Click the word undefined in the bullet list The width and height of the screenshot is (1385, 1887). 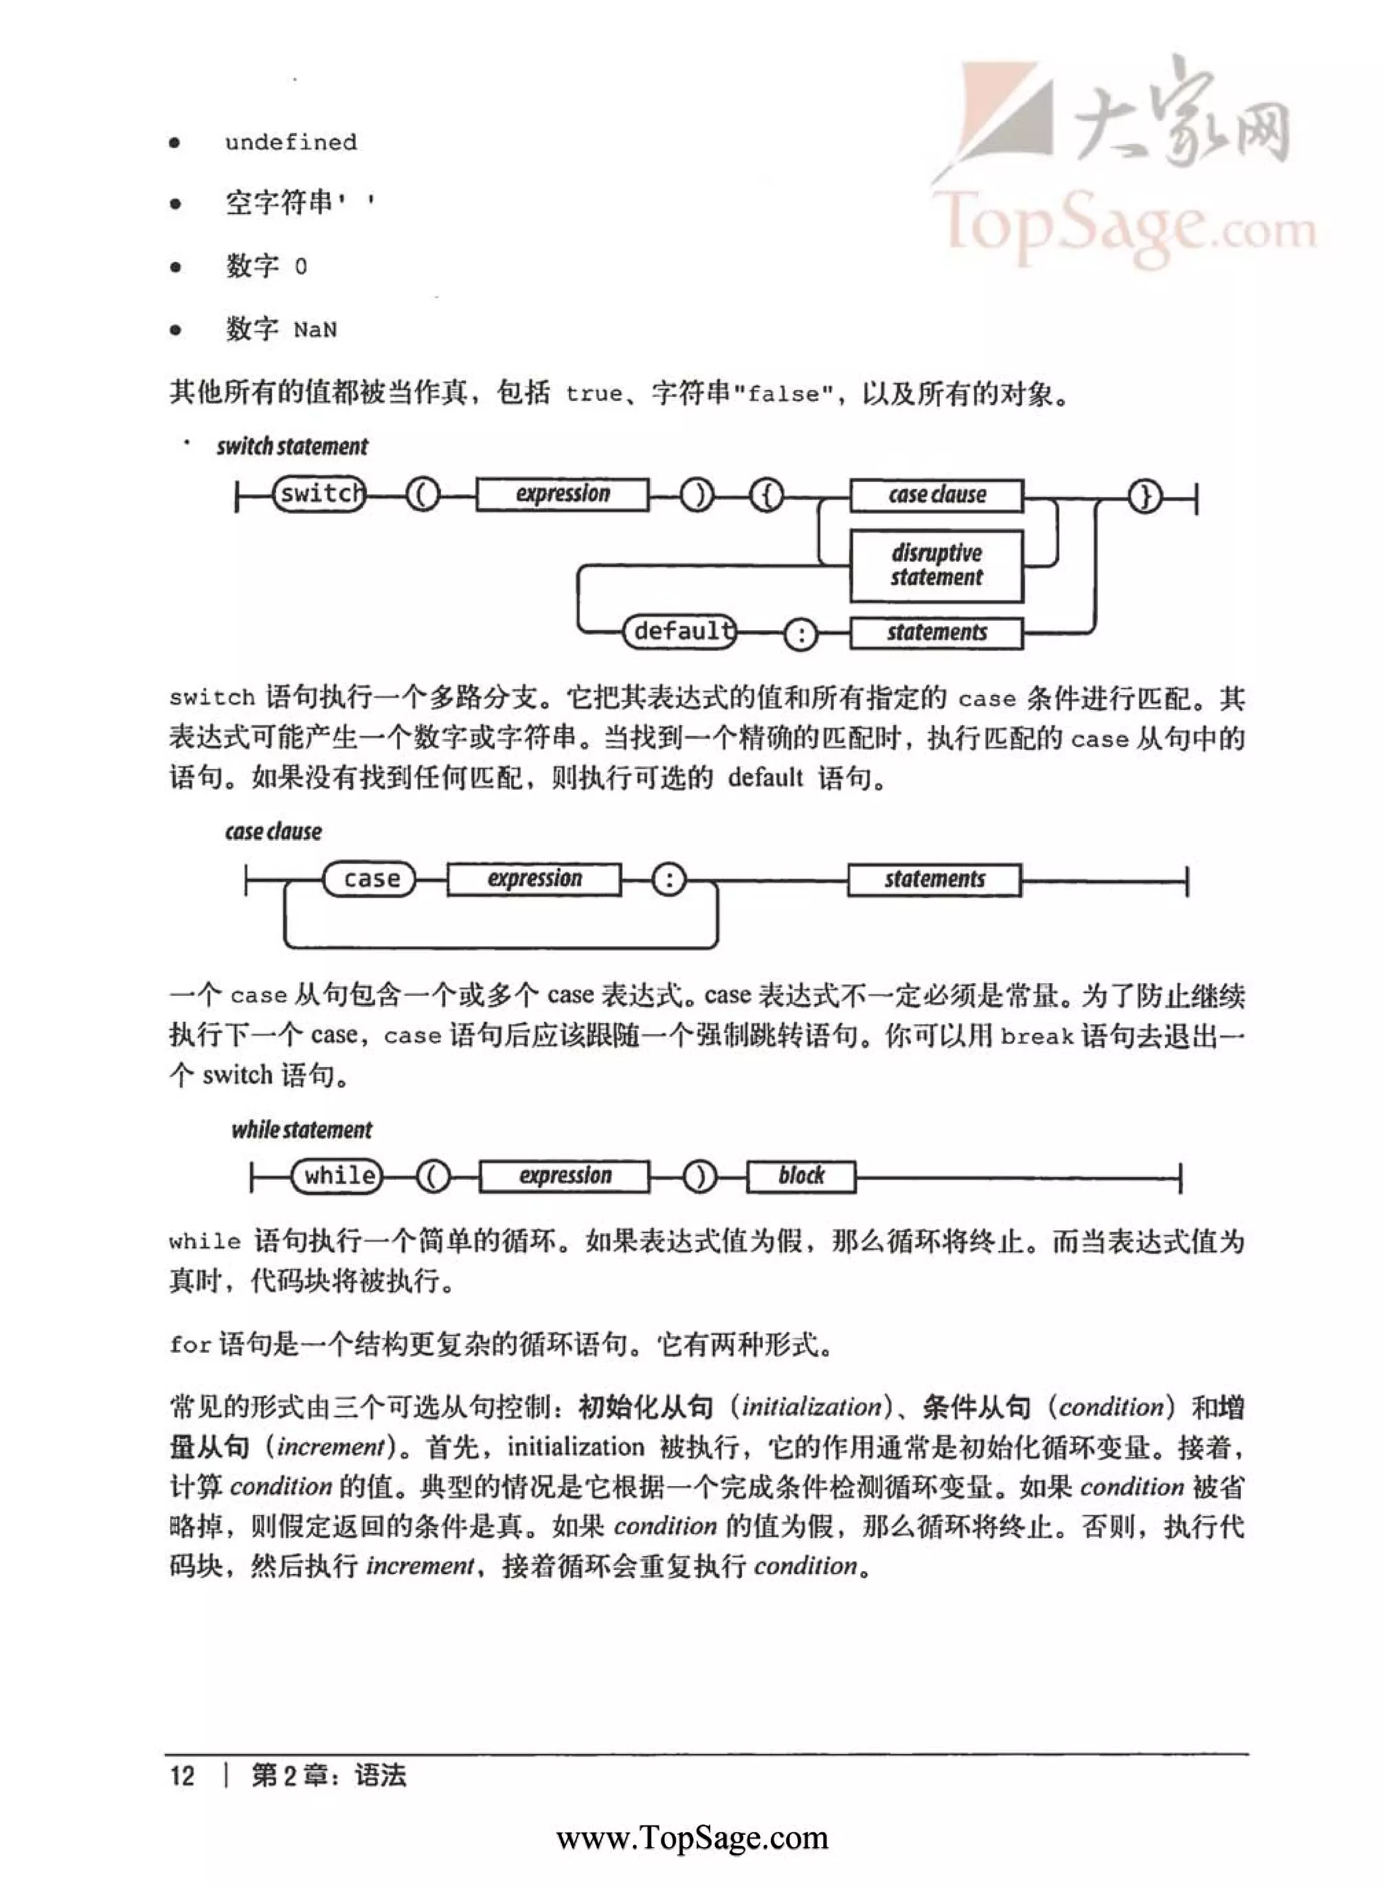tap(290, 143)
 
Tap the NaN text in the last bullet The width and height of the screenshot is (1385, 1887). tap(315, 330)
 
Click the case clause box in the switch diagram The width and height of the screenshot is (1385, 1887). tap(937, 495)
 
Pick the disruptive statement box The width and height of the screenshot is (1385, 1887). tap(937, 566)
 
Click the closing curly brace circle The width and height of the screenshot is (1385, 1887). tap(1144, 496)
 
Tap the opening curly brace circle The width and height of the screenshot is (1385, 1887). tap(766, 496)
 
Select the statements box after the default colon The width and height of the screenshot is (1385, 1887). tap(937, 633)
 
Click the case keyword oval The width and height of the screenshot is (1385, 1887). tap(370, 879)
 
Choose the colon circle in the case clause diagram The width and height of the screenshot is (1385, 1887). tap(668, 880)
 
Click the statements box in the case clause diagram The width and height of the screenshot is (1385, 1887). tap(934, 880)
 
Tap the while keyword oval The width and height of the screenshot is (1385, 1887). tap(337, 1176)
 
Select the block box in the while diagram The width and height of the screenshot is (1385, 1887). tap(801, 1176)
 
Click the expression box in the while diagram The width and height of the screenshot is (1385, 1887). tap(564, 1176)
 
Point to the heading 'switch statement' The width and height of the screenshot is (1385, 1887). tap(291, 447)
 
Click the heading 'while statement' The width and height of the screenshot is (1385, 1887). tap(302, 1130)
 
